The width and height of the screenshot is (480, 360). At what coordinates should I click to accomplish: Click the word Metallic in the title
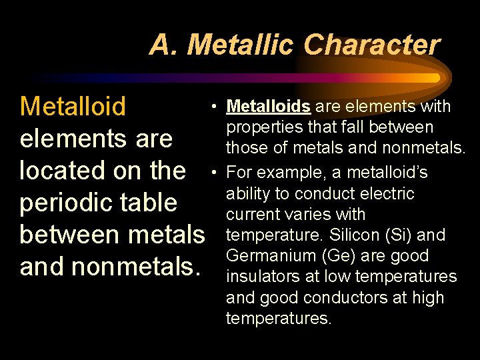pos(242,45)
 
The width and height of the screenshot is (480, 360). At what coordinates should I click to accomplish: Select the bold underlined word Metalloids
pos(269,107)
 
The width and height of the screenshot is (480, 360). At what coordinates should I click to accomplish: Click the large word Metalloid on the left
pos(73,106)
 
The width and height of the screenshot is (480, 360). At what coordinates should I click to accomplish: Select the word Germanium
pos(261,256)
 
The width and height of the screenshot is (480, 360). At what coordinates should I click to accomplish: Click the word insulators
pos(261,277)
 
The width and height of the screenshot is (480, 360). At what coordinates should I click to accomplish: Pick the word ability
pos(245,194)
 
